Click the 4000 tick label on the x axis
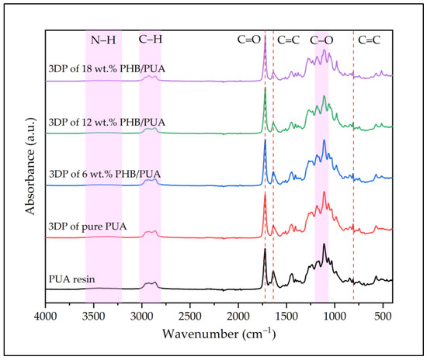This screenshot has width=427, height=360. pyautogui.click(x=46, y=317)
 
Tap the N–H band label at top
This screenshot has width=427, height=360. pyautogui.click(x=103, y=38)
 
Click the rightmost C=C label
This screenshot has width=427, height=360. pyautogui.click(x=369, y=38)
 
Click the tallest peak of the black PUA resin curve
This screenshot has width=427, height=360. pyautogui.click(x=266, y=249)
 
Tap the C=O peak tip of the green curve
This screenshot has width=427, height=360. pyautogui.click(x=266, y=88)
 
